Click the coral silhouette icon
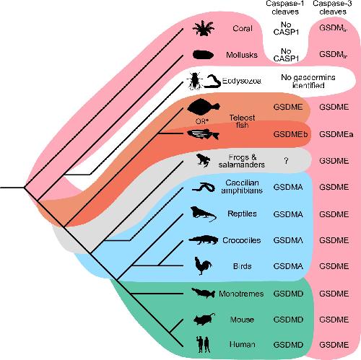tap(204, 28)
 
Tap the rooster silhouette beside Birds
tap(203, 265)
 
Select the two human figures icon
tap(204, 344)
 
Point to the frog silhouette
tap(204, 160)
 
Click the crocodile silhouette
tap(204, 240)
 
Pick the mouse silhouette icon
tap(204, 320)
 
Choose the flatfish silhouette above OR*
tap(204, 107)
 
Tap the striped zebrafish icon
tap(204, 134)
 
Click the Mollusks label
tap(242, 55)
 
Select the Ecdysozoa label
tap(242, 81)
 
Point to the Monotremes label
tap(241, 294)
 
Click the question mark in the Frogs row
tap(286, 161)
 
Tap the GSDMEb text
tap(290, 134)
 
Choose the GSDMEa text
tap(336, 134)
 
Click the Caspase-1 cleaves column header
tap(285, 7)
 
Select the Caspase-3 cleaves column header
tap(333, 7)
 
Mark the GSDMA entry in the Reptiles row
tap(288, 214)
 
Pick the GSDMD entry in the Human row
tap(288, 345)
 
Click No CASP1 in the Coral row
tap(286, 28)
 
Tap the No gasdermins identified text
tap(308, 82)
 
